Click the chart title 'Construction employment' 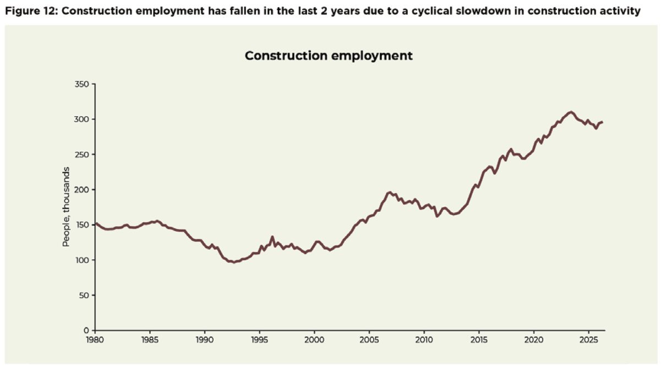point(329,56)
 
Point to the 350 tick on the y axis point(82,84)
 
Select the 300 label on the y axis point(82,119)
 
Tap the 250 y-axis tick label point(82,155)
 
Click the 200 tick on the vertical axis point(82,190)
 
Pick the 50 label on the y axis point(84,295)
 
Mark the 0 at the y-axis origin point(86,331)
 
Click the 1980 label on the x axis point(95,340)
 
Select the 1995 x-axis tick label point(259,340)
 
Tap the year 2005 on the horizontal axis point(369,340)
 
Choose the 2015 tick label point(479,340)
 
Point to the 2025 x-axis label point(589,340)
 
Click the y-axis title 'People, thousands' point(66,207)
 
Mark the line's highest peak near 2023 point(571,112)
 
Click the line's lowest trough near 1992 point(234,262)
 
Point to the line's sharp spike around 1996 point(272,237)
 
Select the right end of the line point(602,122)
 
